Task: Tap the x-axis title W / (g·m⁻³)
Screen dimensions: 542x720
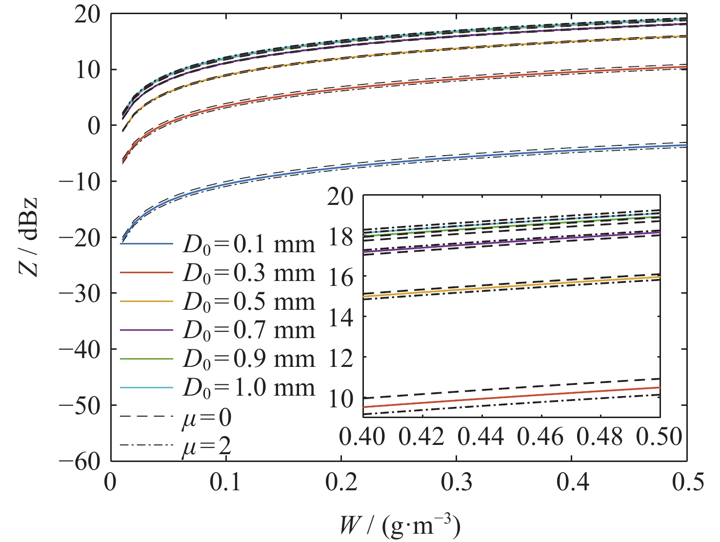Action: [x=400, y=526]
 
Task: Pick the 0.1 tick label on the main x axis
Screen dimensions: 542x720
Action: [x=226, y=482]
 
